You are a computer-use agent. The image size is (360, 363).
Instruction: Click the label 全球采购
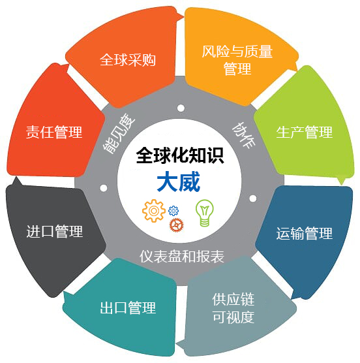128,60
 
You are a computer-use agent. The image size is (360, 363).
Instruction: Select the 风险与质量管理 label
237,60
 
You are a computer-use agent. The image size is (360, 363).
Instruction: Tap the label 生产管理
305,132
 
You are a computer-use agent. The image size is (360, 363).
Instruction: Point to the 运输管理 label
305,233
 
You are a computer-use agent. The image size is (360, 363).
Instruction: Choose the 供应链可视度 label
233,308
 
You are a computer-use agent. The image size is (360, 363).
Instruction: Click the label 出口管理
128,308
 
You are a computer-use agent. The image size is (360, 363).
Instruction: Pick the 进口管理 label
55,231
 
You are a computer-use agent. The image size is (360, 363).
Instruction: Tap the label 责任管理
54,132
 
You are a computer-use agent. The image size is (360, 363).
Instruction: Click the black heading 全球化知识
180,155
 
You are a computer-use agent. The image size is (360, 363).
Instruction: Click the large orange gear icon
154,211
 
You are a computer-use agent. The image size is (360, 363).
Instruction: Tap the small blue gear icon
173,211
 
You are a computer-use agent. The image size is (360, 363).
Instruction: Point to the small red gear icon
177,225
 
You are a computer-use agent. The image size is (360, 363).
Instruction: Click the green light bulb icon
205,213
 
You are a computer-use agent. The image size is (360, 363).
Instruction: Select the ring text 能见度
119,134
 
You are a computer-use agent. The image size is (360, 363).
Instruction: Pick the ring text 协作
244,135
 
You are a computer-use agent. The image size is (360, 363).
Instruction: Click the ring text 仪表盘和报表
182,257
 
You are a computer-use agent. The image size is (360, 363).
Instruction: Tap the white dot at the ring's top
181,108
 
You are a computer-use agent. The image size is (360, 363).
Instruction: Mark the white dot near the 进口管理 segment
104,188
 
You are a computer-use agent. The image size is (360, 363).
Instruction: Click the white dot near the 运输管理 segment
253,198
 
